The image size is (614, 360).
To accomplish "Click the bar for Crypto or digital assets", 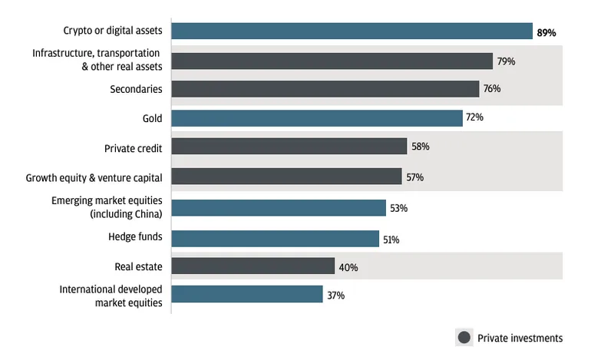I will (352, 31).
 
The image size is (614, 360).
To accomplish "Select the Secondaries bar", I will (325, 88).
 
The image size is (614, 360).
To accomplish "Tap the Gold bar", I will (316, 117).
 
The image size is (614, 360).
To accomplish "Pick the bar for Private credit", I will (289, 147).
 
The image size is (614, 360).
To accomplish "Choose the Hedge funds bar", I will (275, 237).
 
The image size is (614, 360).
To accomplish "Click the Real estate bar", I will (253, 266).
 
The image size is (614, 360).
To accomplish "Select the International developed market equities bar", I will (246, 295).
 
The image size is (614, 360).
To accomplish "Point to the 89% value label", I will (546, 33).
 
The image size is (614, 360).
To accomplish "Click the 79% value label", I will (506, 61).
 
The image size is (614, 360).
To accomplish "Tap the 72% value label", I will (474, 118).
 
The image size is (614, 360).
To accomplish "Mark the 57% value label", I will (414, 177).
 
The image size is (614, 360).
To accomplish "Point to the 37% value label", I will (335, 296).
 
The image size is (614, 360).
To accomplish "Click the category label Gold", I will (151, 117).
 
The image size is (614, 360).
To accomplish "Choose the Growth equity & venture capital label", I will (94, 177).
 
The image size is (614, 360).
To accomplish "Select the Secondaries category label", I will (136, 88).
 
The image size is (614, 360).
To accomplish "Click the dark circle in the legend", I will (464, 338).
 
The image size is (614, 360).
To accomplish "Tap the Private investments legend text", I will (520, 338).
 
